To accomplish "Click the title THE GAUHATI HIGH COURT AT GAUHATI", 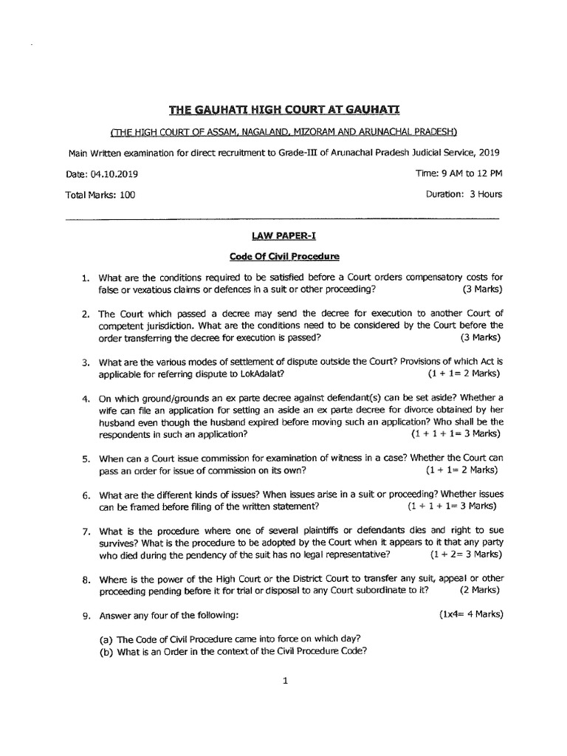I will click(x=283, y=110).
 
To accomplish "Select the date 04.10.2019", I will click(x=113, y=174).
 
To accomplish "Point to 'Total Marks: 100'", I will click(x=100, y=195).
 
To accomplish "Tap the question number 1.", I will click(x=85, y=278).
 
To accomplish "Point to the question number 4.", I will click(x=85, y=399).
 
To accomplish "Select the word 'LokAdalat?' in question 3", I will click(x=261, y=373).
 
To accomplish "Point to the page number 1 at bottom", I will click(x=283, y=682).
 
